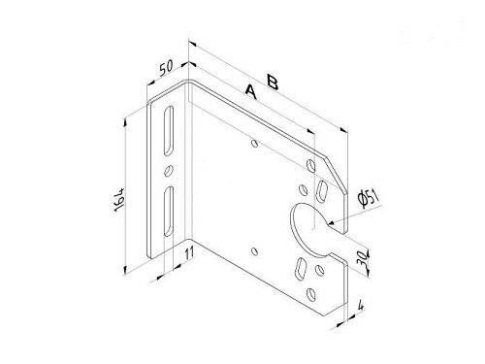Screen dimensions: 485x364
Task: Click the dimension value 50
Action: click(x=167, y=68)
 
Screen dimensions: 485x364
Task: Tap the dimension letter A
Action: click(x=251, y=92)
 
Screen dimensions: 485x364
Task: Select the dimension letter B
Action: click(x=273, y=82)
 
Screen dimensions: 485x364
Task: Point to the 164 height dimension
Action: click(x=119, y=199)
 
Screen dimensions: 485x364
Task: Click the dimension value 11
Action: click(x=189, y=252)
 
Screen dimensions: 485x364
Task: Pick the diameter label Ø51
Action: click(x=368, y=198)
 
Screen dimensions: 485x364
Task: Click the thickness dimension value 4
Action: click(x=361, y=306)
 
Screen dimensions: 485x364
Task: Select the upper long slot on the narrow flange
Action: click(x=169, y=130)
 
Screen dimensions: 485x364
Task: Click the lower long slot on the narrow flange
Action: click(x=169, y=211)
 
